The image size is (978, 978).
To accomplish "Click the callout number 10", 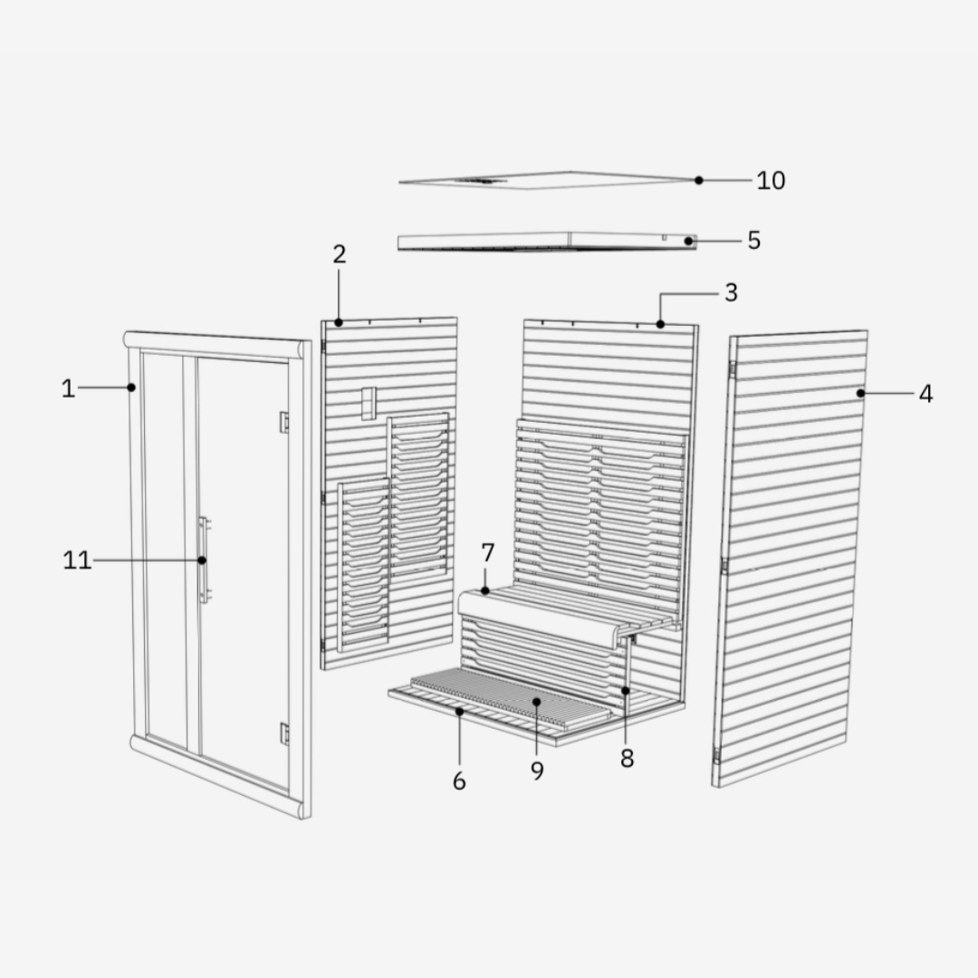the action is pyautogui.click(x=771, y=180).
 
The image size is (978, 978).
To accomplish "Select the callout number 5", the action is pyautogui.click(x=754, y=240).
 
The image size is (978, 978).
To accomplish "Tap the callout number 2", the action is pyautogui.click(x=339, y=254).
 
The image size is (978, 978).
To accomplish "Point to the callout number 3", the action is pyautogui.click(x=731, y=292).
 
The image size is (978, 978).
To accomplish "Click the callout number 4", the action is pyautogui.click(x=926, y=394).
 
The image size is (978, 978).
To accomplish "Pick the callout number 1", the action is pyautogui.click(x=68, y=388).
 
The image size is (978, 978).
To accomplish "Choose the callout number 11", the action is pyautogui.click(x=77, y=561).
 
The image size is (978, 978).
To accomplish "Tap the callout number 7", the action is pyautogui.click(x=488, y=552).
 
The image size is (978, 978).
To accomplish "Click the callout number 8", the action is pyautogui.click(x=627, y=759).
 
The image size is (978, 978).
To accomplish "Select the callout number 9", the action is pyautogui.click(x=537, y=771).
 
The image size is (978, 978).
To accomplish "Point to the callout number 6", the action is pyautogui.click(x=459, y=781).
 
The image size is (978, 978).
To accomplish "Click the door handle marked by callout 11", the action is pyautogui.click(x=204, y=560).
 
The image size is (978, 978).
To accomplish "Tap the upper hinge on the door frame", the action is pyautogui.click(x=283, y=422).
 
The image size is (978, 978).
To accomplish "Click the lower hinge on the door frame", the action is pyautogui.click(x=284, y=733).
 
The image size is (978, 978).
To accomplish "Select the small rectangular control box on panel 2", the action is pyautogui.click(x=369, y=403).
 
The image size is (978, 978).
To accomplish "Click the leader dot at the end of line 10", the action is pyautogui.click(x=698, y=180).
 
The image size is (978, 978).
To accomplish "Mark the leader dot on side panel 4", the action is pyautogui.click(x=861, y=393).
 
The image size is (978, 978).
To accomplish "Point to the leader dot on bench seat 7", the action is pyautogui.click(x=485, y=590).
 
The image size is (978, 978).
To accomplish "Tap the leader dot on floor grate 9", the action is pyautogui.click(x=536, y=702).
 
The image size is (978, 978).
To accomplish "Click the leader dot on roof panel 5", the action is pyautogui.click(x=688, y=241).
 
